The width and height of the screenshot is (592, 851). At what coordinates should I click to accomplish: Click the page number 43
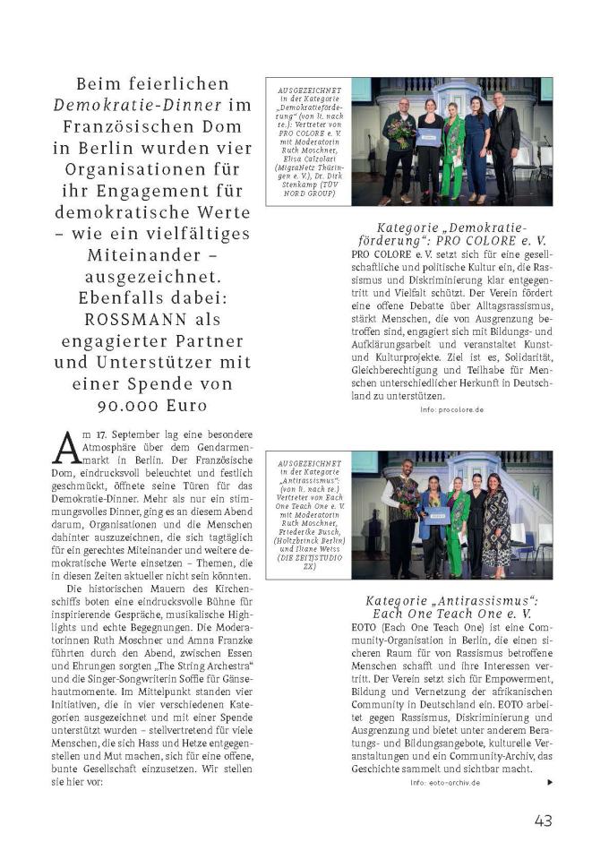[544, 820]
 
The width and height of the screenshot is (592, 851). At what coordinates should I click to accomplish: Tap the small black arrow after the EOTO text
[550, 781]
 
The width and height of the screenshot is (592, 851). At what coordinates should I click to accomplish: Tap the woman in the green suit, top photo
[452, 152]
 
